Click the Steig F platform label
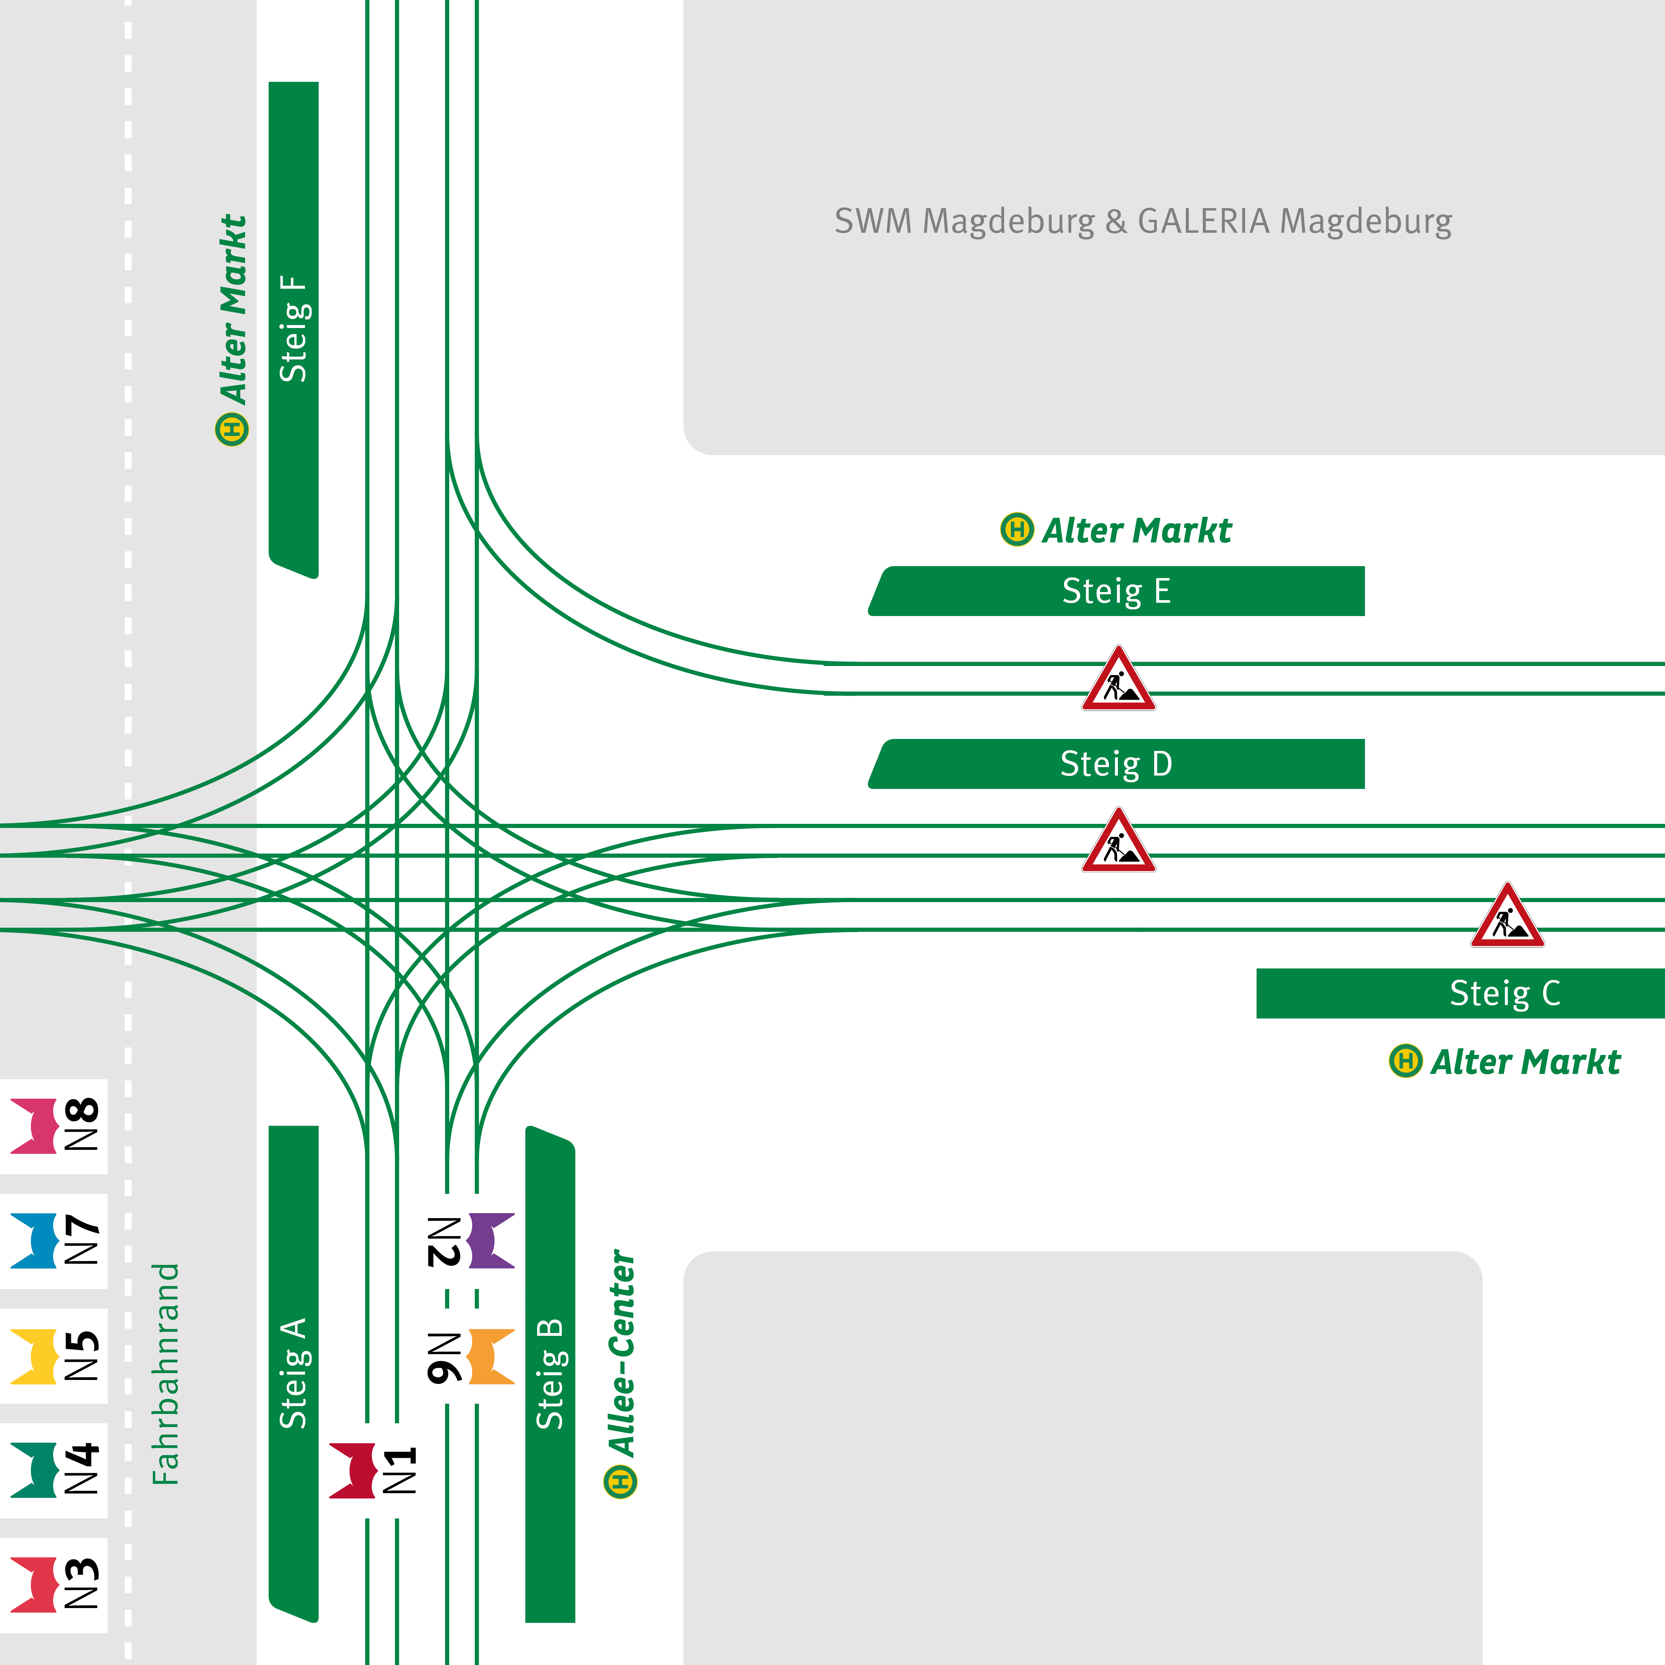click(x=293, y=329)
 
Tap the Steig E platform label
click(x=1116, y=591)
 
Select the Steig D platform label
click(x=1116, y=764)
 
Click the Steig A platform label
click(x=293, y=1373)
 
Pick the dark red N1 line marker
click(x=353, y=1471)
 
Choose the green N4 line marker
click(x=35, y=1470)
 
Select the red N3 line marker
click(x=35, y=1585)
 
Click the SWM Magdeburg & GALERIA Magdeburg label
click(x=1143, y=221)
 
